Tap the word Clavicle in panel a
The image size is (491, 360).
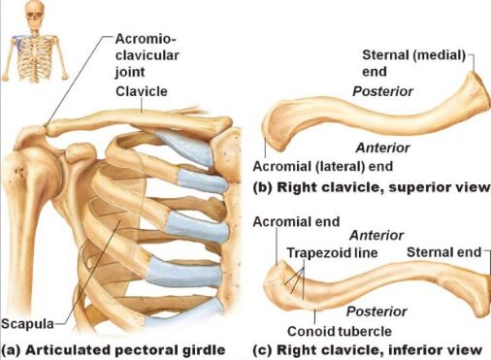[142, 91]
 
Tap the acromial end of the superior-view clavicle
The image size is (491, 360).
[276, 131]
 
